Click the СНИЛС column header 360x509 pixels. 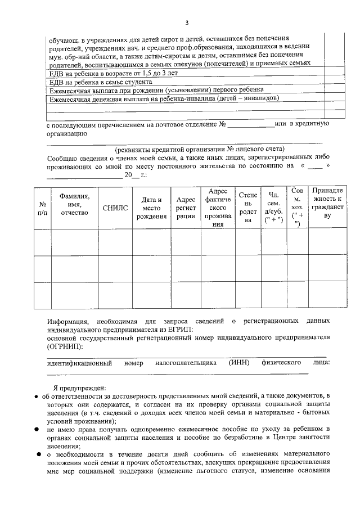click(x=115, y=208)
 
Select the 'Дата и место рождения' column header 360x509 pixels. click(x=152, y=208)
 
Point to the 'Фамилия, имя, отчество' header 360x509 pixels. click(x=75, y=204)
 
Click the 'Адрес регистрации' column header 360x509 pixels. click(x=186, y=208)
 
